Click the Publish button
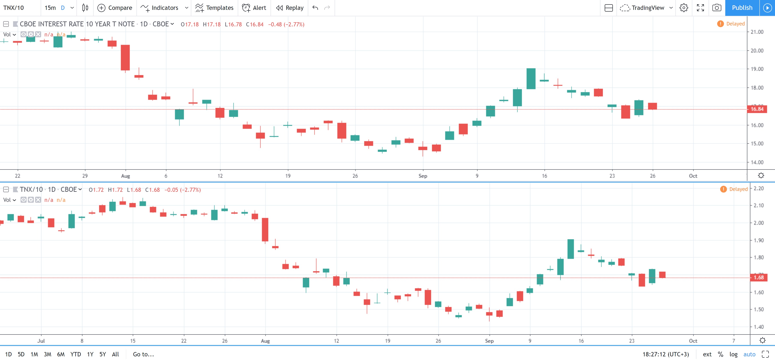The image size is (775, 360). pyautogui.click(x=742, y=8)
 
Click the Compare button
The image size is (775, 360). pyautogui.click(x=115, y=8)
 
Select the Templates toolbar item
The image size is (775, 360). pyautogui.click(x=214, y=8)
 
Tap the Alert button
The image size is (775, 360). pyautogui.click(x=254, y=8)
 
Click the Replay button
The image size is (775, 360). pyautogui.click(x=290, y=8)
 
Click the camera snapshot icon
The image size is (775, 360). pyautogui.click(x=717, y=8)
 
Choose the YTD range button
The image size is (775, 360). pyautogui.click(x=76, y=354)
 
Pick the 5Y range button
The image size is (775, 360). pyautogui.click(x=103, y=354)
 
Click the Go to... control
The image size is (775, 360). pyautogui.click(x=144, y=354)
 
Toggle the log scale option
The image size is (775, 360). pyautogui.click(x=733, y=354)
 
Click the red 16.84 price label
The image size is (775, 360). pyautogui.click(x=757, y=109)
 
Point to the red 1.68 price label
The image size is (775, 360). pyautogui.click(x=759, y=277)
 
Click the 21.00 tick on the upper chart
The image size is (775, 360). pyautogui.click(x=757, y=32)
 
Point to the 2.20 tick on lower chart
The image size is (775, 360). pyautogui.click(x=759, y=188)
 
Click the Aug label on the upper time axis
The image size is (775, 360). pyautogui.click(x=126, y=176)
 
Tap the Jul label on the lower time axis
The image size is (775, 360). pyautogui.click(x=41, y=341)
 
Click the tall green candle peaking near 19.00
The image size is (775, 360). pyautogui.click(x=531, y=79)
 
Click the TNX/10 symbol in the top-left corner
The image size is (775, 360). pyautogui.click(x=13, y=8)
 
